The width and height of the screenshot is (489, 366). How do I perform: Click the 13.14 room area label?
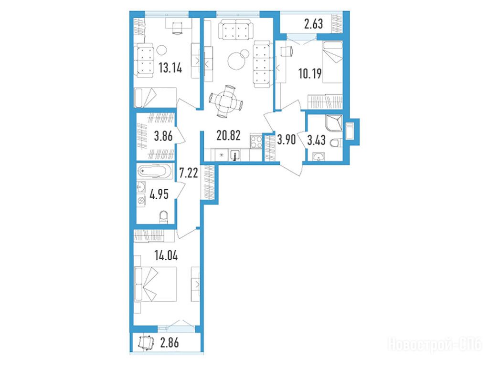click(170, 68)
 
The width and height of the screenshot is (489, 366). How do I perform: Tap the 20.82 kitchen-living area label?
click(228, 135)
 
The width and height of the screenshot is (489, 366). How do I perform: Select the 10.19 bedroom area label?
click(309, 74)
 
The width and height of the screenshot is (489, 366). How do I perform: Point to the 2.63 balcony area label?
click(313, 24)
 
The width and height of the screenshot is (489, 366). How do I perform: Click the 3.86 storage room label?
click(163, 136)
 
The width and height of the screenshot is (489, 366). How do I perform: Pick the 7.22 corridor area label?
click(188, 172)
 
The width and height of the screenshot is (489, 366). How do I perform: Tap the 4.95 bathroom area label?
click(159, 194)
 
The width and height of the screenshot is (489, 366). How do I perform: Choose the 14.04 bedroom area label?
click(166, 255)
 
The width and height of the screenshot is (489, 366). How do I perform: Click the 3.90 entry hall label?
click(287, 140)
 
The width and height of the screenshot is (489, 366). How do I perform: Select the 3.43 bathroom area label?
click(316, 140)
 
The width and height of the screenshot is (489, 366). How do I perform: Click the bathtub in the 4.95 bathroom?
click(155, 171)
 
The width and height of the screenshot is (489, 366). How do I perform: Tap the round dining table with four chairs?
click(226, 102)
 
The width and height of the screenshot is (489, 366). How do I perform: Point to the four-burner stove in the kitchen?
click(256, 142)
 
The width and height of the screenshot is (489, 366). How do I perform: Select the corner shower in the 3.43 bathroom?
click(334, 123)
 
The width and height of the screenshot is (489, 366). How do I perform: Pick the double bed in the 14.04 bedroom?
click(155, 284)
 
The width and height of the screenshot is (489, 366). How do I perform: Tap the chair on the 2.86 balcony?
click(146, 343)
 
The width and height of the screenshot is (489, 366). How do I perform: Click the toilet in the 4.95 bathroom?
click(163, 217)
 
